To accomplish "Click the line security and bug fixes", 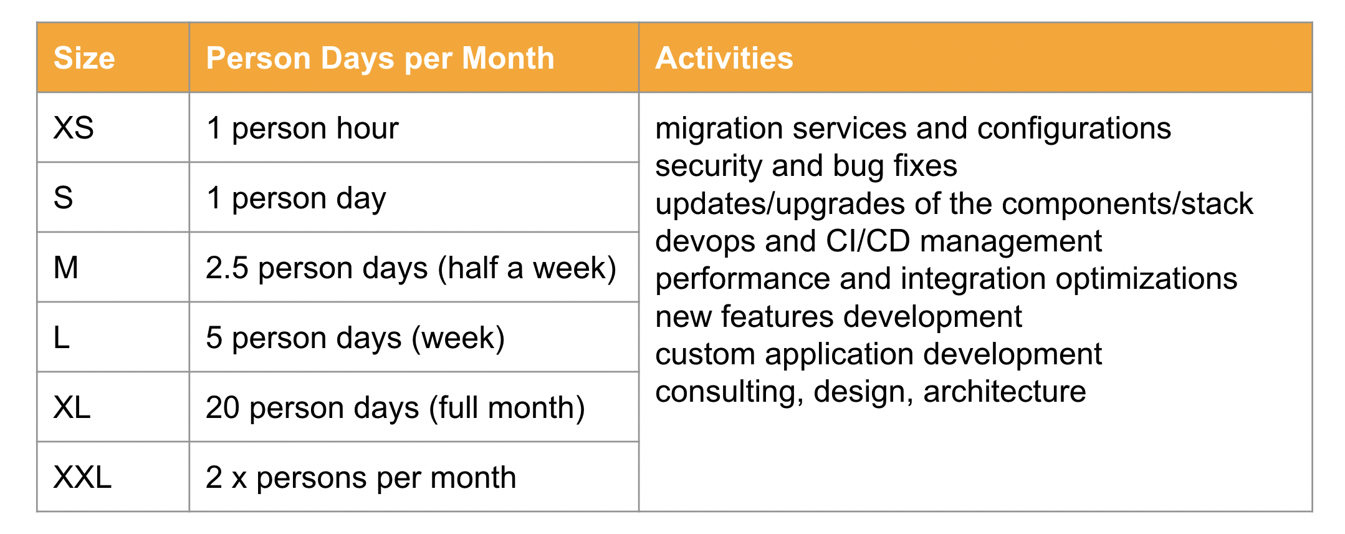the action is (806, 167).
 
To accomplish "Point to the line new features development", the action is (838, 317).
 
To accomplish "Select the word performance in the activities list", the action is (743, 279).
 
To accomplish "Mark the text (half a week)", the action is (527, 268).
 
